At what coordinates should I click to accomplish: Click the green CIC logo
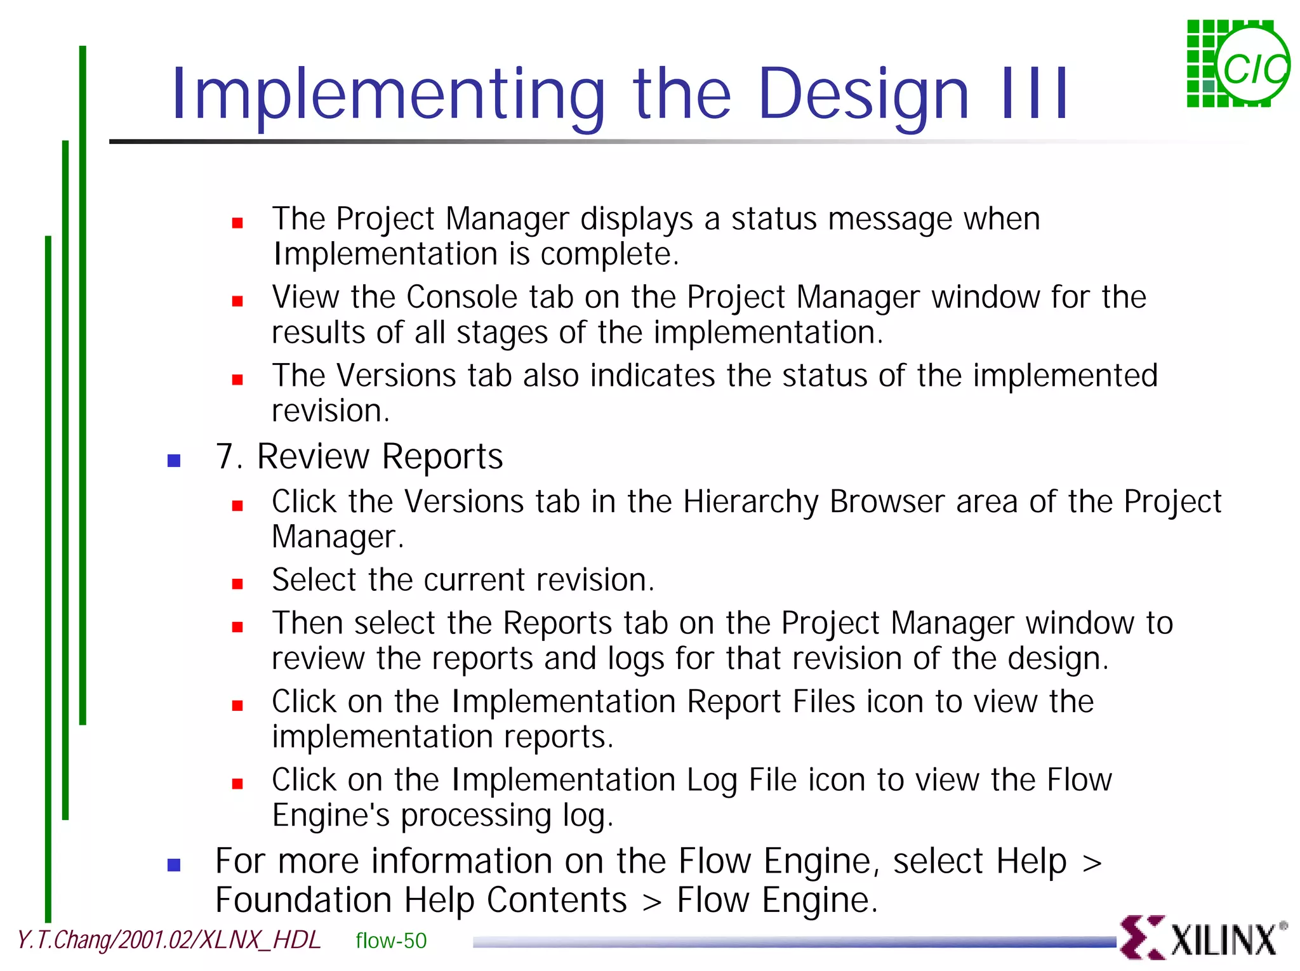coord(1238,65)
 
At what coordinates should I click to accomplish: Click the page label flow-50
coord(391,941)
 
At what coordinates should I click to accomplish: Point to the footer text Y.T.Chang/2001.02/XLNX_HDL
coord(169,940)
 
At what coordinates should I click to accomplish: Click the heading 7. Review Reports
coord(359,457)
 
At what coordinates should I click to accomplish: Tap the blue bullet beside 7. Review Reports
coord(174,461)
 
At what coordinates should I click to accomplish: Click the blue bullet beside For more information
coord(174,865)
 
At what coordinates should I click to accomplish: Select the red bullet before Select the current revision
coord(237,584)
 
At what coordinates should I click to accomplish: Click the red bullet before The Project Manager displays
coord(237,223)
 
